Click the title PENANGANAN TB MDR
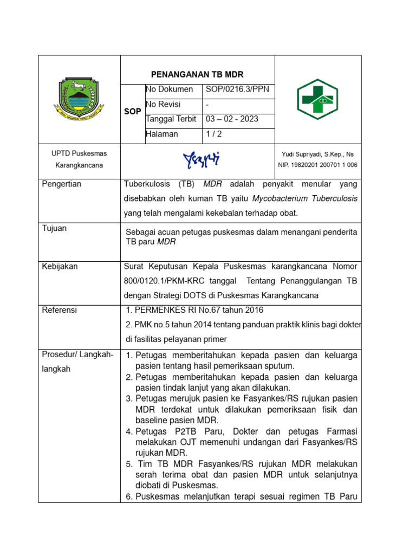coord(197,74)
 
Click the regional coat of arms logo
coord(79,99)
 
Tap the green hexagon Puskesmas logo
coord(317,99)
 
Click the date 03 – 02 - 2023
coord(232,119)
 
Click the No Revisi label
coord(163,104)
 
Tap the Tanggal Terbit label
coord(170,119)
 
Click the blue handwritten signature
coord(201,159)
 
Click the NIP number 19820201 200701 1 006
coord(318,165)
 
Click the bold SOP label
coord(133,111)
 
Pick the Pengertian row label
coord(62,184)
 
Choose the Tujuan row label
coord(54,228)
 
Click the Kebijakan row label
coord(60,266)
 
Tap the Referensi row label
coord(60,310)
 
